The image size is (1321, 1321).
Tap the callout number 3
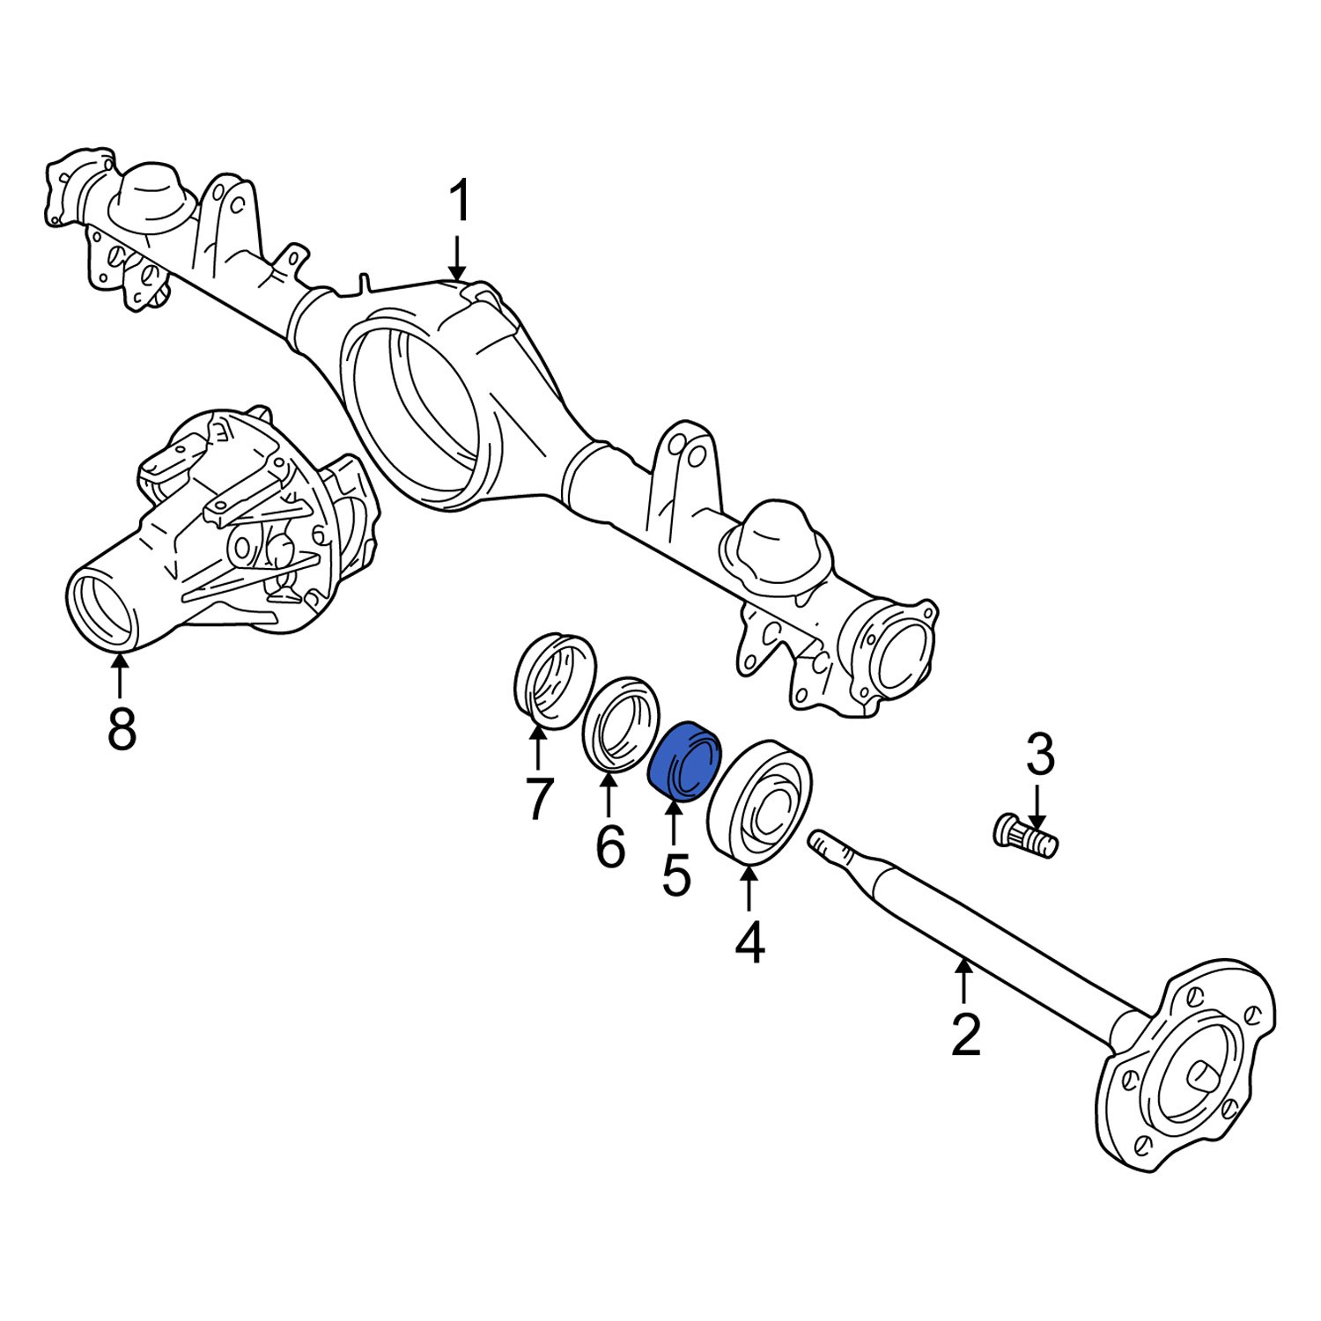pyautogui.click(x=1039, y=756)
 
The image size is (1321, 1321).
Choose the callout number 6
pyautogui.click(x=609, y=847)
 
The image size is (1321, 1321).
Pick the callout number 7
pyautogui.click(x=538, y=799)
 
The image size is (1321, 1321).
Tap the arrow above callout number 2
pyautogui.click(x=964, y=979)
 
